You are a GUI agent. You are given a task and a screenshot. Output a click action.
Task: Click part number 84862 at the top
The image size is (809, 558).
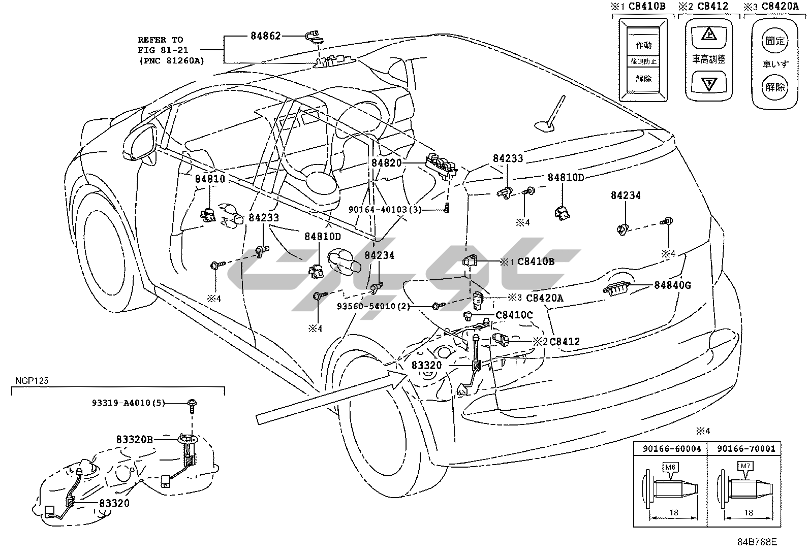click(x=265, y=36)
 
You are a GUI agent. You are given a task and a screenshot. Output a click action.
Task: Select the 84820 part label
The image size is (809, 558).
click(x=386, y=163)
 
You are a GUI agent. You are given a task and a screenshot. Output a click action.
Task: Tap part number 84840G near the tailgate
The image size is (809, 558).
click(x=672, y=285)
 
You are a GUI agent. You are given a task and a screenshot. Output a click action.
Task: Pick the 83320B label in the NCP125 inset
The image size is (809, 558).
click(x=133, y=439)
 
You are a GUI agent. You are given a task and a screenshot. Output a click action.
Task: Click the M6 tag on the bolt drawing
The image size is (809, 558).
click(x=670, y=466)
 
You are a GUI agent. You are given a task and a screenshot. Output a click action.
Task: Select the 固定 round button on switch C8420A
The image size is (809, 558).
click(x=775, y=41)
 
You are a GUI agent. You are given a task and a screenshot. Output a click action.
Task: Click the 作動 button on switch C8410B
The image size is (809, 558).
click(x=643, y=45)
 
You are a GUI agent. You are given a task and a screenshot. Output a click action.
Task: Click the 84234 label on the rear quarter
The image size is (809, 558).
click(x=626, y=195)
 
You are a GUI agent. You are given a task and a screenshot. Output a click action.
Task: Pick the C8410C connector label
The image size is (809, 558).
click(x=514, y=315)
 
